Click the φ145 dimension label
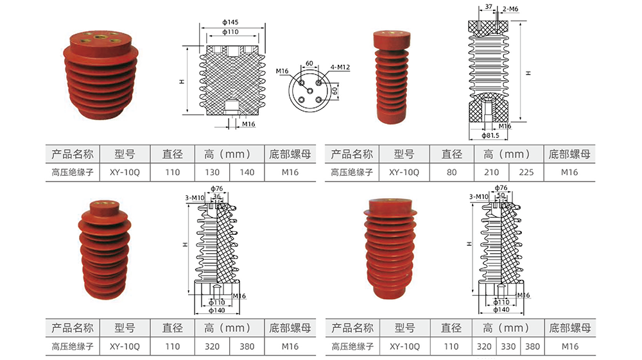(230, 22)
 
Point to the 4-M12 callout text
(340, 67)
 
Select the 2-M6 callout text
(512, 8)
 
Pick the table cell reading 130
(212, 172)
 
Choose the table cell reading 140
(247, 172)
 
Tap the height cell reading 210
(491, 172)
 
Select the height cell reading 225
(526, 172)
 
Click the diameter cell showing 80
(451, 172)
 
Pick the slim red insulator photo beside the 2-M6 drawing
(393, 80)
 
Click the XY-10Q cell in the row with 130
(125, 172)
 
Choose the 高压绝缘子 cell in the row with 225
(352, 172)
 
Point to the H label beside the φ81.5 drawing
(528, 73)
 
